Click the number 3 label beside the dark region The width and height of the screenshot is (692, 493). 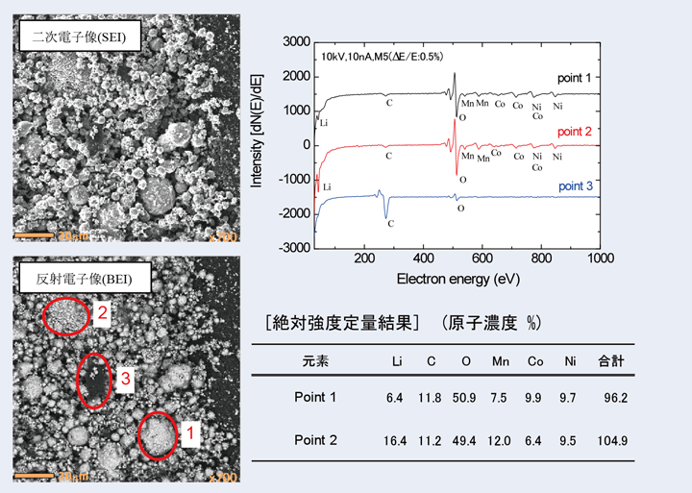click(125, 381)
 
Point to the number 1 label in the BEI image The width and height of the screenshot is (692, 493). click(189, 433)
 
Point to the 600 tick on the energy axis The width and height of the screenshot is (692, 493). click(482, 259)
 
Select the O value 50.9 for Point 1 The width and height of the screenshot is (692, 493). click(466, 396)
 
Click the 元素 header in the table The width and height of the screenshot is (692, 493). click(314, 361)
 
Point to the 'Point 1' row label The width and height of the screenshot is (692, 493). click(315, 396)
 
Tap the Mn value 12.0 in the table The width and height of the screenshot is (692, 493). click(500, 441)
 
